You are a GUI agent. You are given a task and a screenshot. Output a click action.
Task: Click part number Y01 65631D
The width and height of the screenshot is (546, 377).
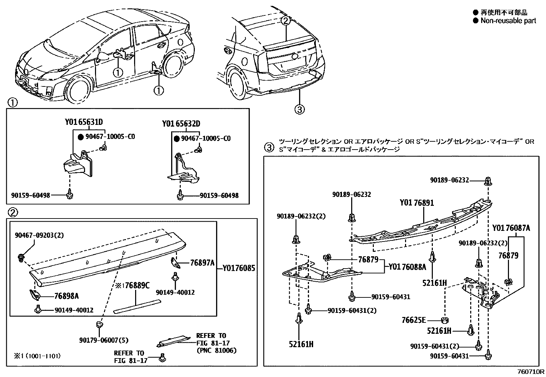coord(84,122)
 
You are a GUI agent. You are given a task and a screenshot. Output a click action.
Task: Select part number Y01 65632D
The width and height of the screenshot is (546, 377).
coord(181,123)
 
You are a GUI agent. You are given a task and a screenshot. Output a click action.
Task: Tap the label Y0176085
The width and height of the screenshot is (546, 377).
coord(239,268)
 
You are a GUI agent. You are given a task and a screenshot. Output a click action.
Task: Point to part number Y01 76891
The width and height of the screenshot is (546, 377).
coord(416,203)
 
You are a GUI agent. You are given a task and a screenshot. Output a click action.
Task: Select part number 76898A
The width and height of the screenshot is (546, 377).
coord(67,296)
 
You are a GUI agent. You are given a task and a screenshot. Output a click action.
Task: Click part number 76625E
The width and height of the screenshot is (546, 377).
coord(414,320)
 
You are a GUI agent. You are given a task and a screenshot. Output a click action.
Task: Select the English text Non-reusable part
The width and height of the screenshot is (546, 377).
coord(508,21)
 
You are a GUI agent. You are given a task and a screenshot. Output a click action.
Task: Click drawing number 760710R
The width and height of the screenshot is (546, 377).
coord(531,372)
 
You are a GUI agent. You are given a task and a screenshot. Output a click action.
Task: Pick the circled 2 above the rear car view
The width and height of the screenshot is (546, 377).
coord(286,20)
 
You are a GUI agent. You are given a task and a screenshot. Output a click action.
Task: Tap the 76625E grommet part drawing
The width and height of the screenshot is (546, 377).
coord(445,320)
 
